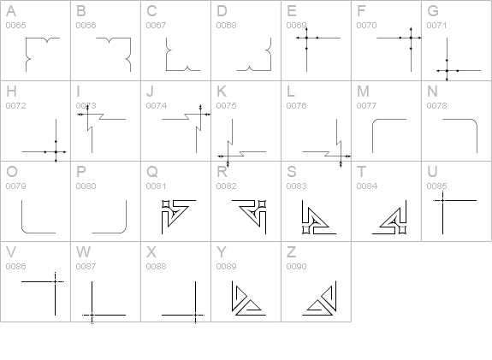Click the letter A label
click(11, 11)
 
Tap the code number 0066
click(86, 25)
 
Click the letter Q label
click(152, 172)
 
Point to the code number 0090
click(296, 266)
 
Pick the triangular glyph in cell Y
click(248, 298)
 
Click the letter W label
click(83, 252)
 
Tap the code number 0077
click(366, 106)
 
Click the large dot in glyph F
click(411, 38)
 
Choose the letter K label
click(222, 91)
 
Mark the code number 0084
click(366, 186)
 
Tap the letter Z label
click(291, 252)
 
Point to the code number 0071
click(436, 25)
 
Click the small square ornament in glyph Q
click(166, 204)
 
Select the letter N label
click(432, 91)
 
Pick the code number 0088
click(156, 266)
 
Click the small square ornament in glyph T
click(402, 230)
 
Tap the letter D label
click(222, 11)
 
